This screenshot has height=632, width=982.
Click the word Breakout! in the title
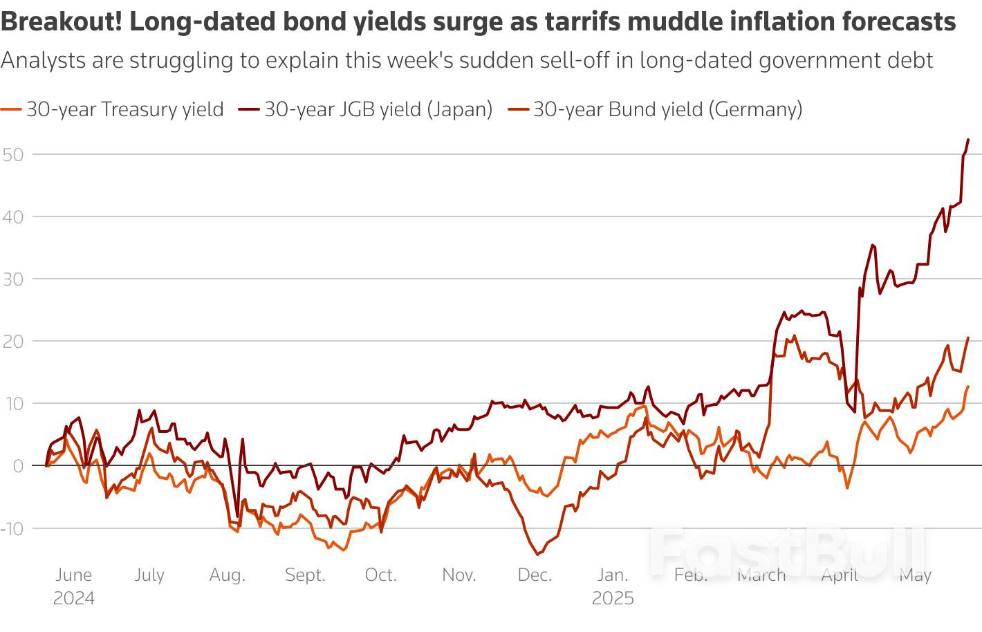(x=62, y=22)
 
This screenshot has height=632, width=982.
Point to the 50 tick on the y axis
(x=13, y=155)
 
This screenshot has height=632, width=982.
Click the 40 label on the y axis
(x=13, y=217)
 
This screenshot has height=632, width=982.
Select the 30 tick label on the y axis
(x=13, y=279)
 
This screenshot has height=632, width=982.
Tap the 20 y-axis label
(x=13, y=342)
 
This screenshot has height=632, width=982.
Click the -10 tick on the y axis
(x=12, y=529)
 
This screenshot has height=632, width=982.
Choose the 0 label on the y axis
(x=18, y=466)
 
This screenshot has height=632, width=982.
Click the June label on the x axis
(x=73, y=575)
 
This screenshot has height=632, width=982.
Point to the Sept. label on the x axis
(x=305, y=575)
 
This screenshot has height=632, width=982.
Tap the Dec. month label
(x=535, y=575)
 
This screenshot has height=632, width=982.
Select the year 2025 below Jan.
(x=613, y=598)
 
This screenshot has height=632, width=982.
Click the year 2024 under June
(x=73, y=598)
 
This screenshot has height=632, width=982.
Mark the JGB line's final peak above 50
(x=967, y=140)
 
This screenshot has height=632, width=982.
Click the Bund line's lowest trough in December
(x=537, y=554)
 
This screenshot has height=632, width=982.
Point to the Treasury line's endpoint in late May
(x=968, y=387)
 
